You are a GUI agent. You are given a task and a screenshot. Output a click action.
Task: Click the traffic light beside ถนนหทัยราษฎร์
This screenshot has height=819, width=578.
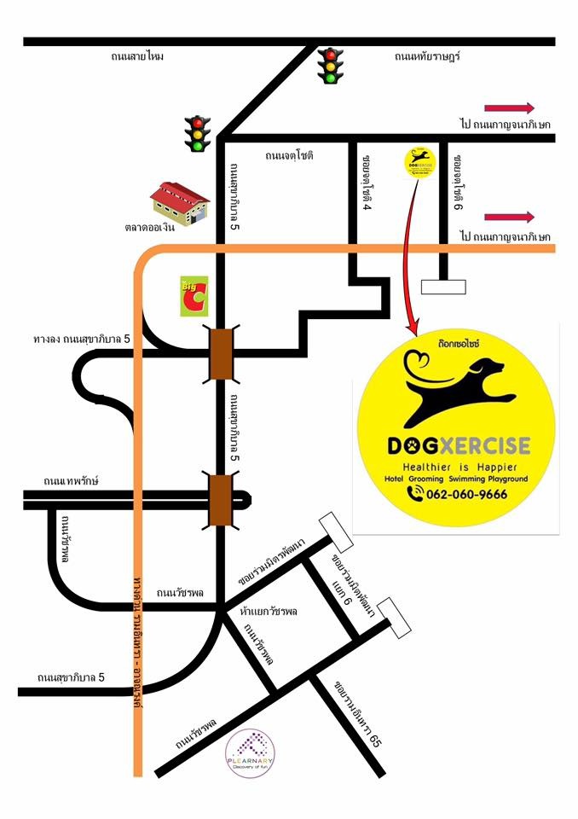click(329, 66)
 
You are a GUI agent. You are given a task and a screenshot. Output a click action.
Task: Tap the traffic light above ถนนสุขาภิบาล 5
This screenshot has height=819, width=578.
click(199, 134)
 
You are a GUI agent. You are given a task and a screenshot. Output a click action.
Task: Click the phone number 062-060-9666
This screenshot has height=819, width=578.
click(467, 495)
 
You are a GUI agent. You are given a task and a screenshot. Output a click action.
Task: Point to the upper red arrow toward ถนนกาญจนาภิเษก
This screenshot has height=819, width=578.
click(509, 107)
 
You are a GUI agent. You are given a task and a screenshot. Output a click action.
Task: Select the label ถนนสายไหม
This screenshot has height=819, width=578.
click(136, 57)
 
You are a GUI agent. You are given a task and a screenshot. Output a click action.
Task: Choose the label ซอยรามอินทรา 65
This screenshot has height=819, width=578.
click(358, 715)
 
